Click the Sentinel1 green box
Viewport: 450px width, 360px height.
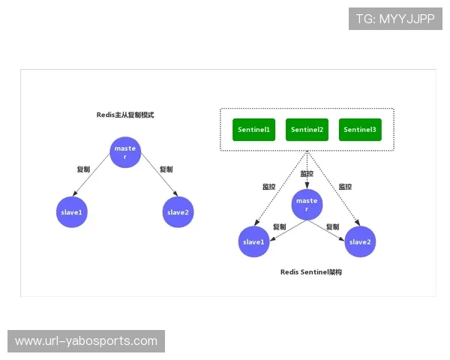tap(253, 130)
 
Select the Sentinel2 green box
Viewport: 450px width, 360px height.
tap(307, 130)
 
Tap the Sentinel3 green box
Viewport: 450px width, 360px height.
tap(360, 130)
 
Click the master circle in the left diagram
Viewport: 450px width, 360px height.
tap(125, 151)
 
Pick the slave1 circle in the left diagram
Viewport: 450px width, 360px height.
tap(72, 212)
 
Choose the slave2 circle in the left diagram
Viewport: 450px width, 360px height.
tap(178, 212)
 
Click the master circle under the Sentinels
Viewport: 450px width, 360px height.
tap(307, 204)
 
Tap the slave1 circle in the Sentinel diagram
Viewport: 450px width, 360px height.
tap(253, 241)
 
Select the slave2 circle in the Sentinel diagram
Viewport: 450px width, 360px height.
tap(360, 241)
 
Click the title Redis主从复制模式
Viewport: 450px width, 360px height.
tap(125, 115)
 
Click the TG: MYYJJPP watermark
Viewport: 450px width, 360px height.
tap(395, 19)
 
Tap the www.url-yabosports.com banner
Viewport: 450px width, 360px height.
tap(86, 341)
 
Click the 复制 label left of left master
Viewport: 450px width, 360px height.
tap(84, 169)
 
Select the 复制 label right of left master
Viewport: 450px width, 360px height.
tap(166, 169)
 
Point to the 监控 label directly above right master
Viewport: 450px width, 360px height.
tap(307, 174)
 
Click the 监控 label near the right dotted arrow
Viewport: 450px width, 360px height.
tap(345, 186)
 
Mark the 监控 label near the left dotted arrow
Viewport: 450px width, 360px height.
tap(269, 186)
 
